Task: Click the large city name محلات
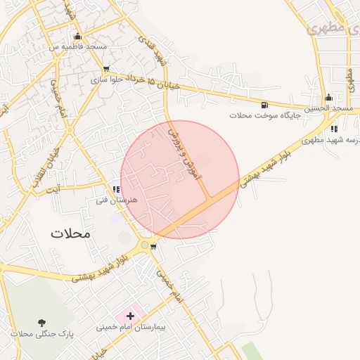tap(71, 233)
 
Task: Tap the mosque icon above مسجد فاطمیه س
tap(77, 37)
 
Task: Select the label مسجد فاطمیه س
tap(77, 46)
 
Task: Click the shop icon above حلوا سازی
tap(106, 70)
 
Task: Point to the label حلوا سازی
tap(106, 80)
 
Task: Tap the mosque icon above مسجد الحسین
tap(328, 97)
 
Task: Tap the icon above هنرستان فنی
tap(116, 189)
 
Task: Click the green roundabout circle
tap(145, 245)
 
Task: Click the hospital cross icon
tap(130, 316)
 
